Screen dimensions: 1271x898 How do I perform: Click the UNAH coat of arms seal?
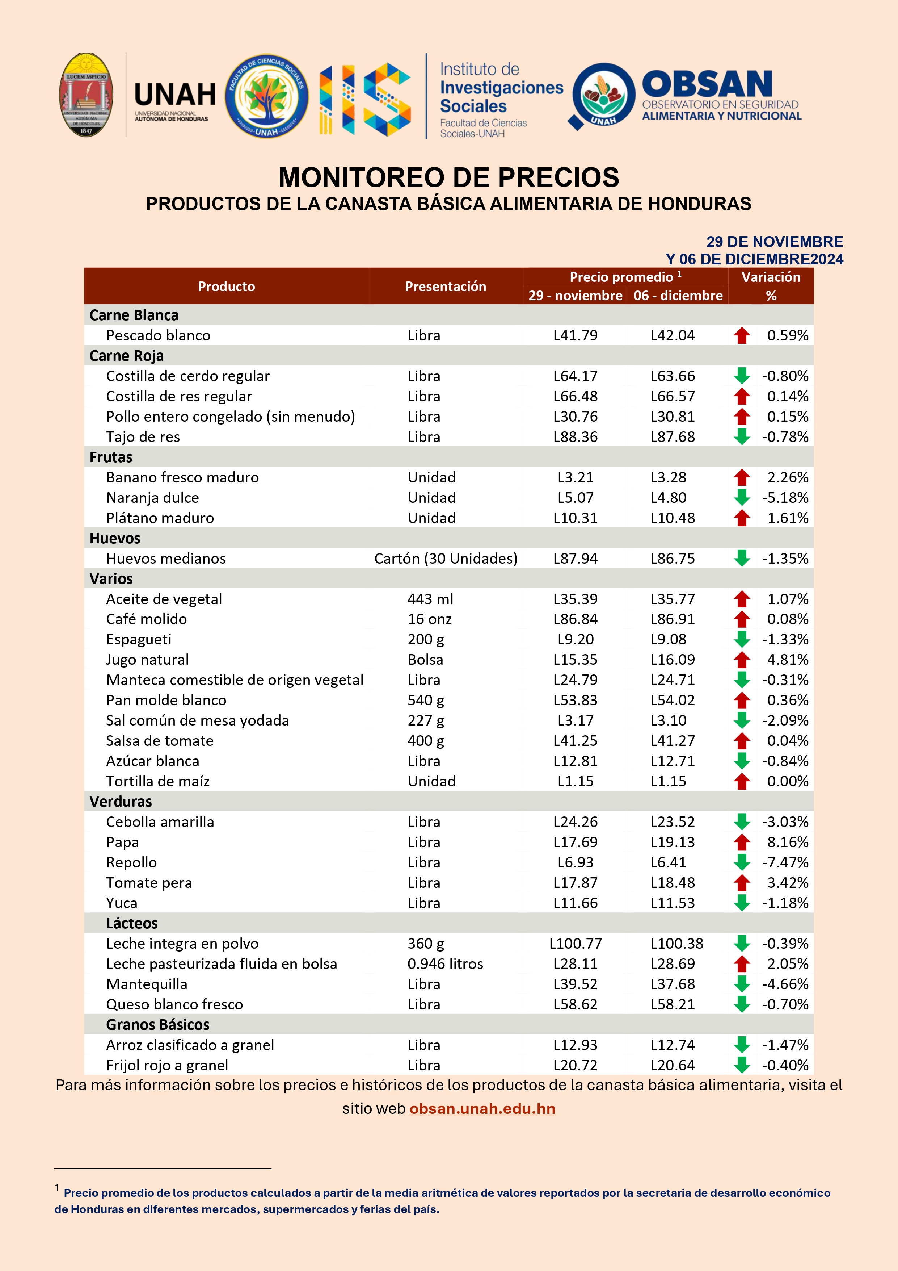pyautogui.click(x=86, y=95)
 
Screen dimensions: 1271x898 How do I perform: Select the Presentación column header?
pyautogui.click(x=446, y=286)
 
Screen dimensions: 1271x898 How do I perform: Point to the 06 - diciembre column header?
pyautogui.click(x=678, y=296)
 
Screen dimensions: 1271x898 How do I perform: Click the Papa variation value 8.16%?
pyautogui.click(x=787, y=842)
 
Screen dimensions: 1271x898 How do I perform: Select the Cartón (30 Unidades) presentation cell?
pyautogui.click(x=446, y=559)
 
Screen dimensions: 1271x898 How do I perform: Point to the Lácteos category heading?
pyautogui.click(x=132, y=923)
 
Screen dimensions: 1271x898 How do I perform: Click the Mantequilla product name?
pyautogui.click(x=147, y=984)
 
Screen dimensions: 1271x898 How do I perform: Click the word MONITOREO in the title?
pyautogui.click(x=383, y=178)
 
